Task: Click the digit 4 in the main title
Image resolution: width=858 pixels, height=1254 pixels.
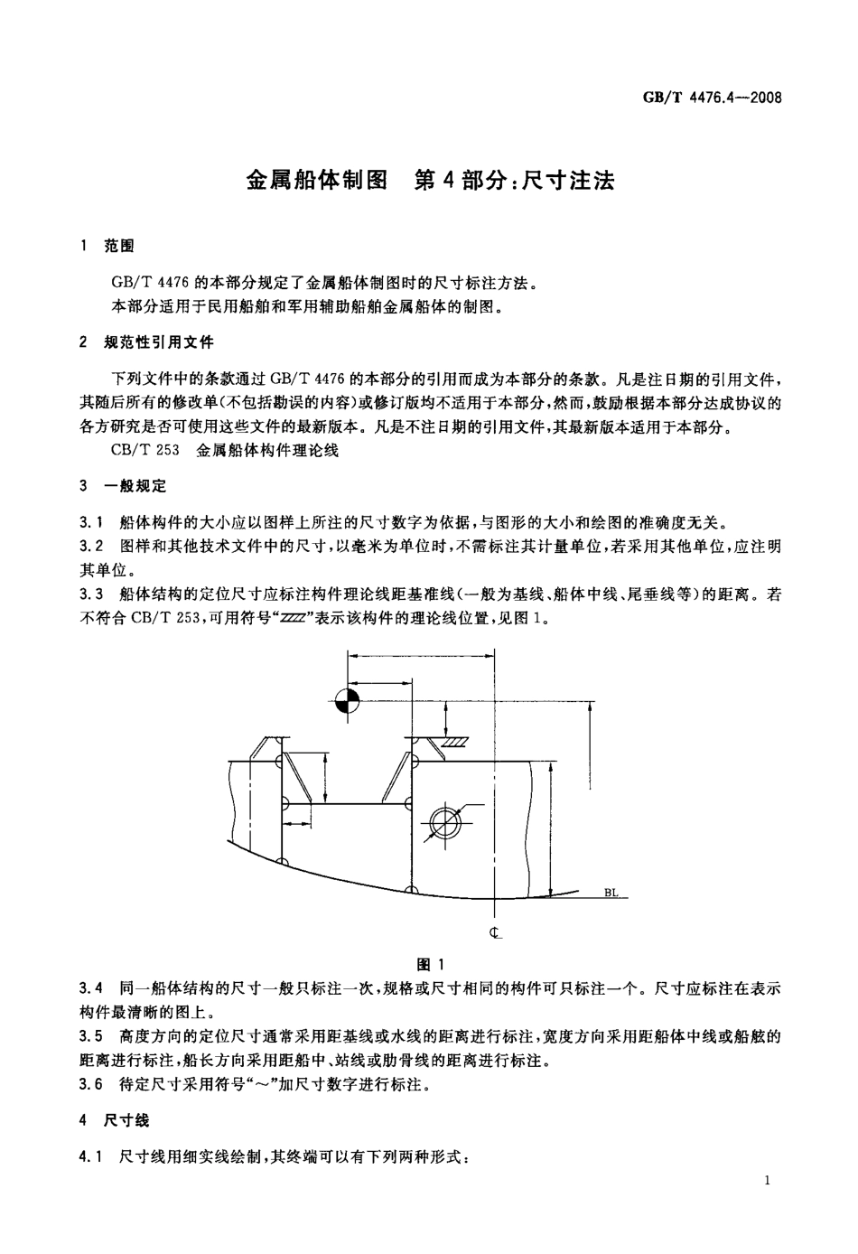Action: click(446, 180)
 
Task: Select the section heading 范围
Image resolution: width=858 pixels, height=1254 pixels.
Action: click(119, 246)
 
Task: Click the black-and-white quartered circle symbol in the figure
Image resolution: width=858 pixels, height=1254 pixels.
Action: click(347, 701)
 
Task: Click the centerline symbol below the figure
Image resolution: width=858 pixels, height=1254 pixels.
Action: click(495, 932)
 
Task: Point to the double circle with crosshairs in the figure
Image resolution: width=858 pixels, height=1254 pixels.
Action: click(444, 820)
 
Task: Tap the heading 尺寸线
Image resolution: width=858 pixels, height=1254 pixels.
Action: click(127, 1120)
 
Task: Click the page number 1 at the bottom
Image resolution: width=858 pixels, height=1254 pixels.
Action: click(767, 1181)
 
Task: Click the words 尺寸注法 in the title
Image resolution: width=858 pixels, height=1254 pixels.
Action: click(569, 180)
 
